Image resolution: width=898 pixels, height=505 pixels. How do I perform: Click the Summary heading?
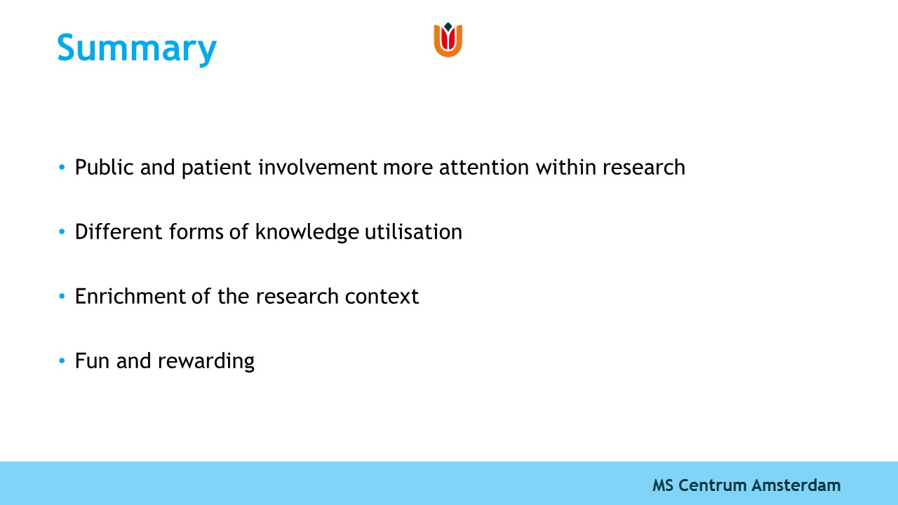tap(137, 49)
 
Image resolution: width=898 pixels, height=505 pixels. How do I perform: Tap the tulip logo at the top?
tap(448, 40)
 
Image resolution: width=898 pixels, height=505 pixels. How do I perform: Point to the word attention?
tap(484, 168)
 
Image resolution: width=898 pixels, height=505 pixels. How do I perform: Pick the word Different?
tap(119, 231)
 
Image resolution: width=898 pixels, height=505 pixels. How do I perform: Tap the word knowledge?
tap(307, 232)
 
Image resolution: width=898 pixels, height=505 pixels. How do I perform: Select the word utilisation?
tap(414, 231)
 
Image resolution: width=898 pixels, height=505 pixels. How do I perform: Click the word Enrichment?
tap(130, 297)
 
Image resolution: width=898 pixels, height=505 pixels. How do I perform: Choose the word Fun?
tap(92, 361)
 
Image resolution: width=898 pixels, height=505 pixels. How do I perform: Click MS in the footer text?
tap(663, 485)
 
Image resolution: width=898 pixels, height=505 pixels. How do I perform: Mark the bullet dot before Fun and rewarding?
tap(62, 361)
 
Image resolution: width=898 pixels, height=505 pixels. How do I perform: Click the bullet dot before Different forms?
tap(62, 231)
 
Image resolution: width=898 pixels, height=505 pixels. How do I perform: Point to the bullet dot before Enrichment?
tap(62, 296)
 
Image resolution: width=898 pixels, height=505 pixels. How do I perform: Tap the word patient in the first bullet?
tap(217, 168)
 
